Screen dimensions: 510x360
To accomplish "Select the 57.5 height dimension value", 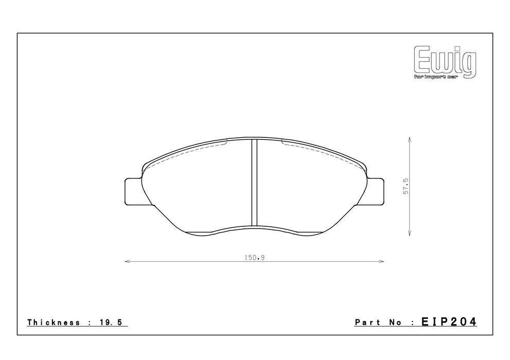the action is [406, 186].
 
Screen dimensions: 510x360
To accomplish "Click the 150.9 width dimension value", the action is [255, 258].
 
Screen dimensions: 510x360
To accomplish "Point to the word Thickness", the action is [54, 322].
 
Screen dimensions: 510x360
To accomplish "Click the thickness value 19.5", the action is [110, 322].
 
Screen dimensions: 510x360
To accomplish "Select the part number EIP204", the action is [449, 321].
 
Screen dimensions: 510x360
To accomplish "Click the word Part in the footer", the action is [367, 322].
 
